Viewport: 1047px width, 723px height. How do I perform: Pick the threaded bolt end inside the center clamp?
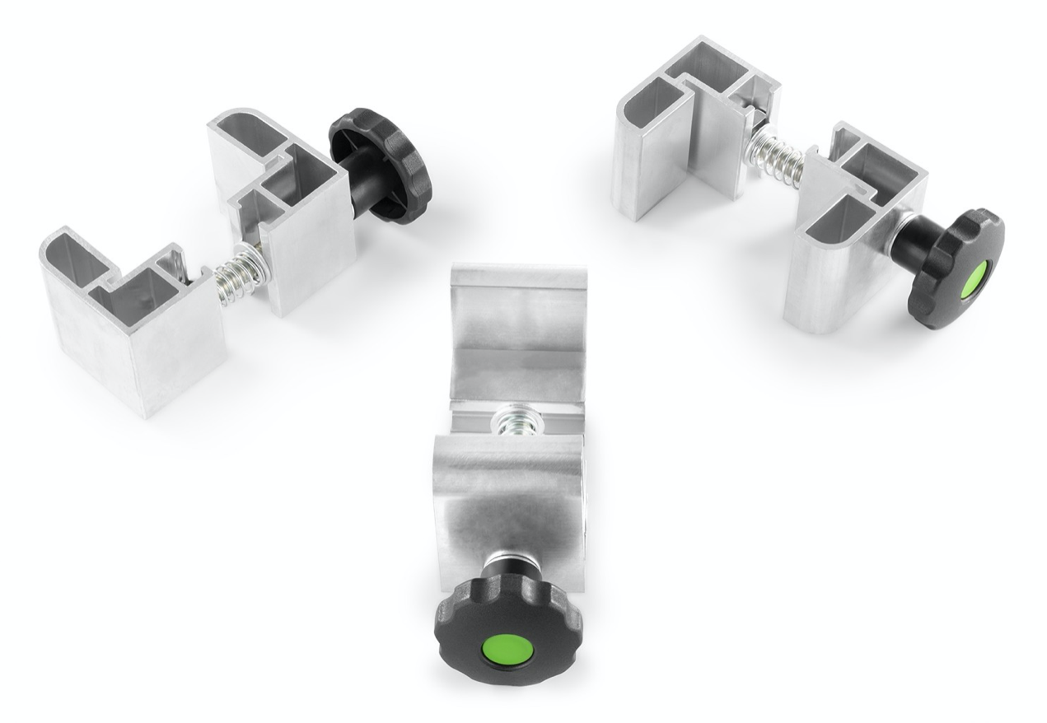coord(506,424)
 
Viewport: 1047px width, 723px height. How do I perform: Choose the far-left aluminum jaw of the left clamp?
coord(132,329)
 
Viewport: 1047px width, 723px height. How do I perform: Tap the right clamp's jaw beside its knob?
coord(848,247)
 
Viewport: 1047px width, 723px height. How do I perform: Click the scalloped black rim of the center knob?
coord(461,626)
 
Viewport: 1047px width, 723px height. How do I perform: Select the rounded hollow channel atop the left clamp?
coord(247,132)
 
